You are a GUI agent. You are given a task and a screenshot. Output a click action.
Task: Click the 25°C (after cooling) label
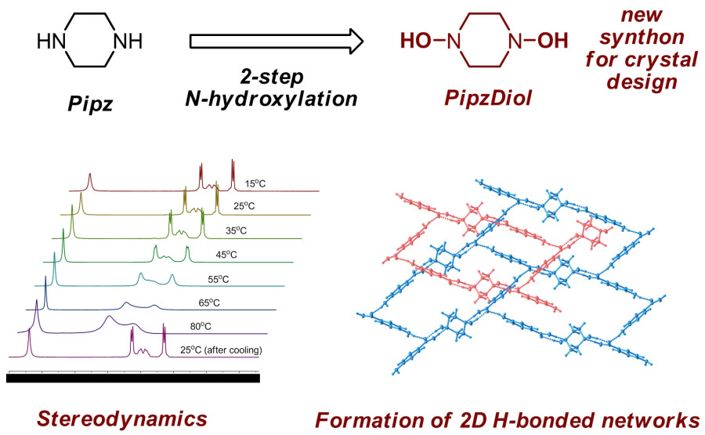click(221, 350)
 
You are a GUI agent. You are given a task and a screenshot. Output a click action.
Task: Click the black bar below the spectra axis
click(132, 378)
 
